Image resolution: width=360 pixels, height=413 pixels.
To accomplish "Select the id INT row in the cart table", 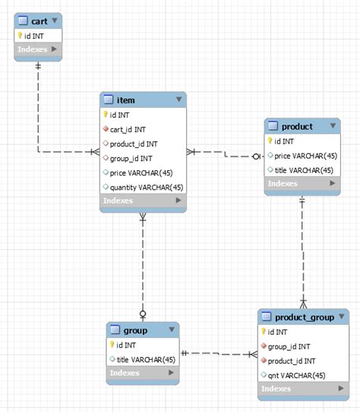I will [x=35, y=35].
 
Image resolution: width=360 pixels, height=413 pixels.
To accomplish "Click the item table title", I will [x=125, y=99].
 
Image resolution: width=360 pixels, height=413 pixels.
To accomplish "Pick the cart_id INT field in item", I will [x=130, y=129].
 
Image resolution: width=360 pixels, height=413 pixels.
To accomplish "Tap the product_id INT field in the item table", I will [x=134, y=143].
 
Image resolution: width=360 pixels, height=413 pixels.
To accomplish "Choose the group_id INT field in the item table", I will [x=131, y=158].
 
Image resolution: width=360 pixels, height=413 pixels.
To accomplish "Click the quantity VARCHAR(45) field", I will [x=146, y=187].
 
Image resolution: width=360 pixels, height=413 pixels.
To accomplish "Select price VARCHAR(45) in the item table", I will [x=141, y=172].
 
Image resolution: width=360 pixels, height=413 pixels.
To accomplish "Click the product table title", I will [x=296, y=126].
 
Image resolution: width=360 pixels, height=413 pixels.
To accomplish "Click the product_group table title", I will [x=304, y=317].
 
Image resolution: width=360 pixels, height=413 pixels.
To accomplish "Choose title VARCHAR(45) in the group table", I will [x=146, y=359].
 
